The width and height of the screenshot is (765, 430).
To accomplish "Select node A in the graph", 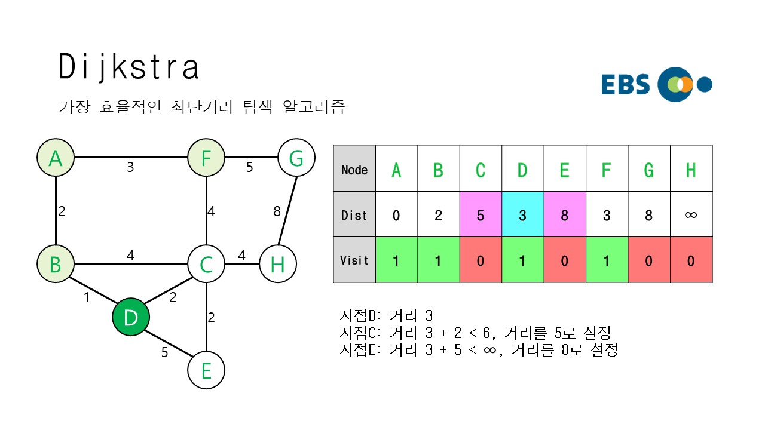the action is [x=56, y=158].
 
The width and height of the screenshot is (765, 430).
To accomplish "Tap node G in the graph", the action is [x=296, y=158].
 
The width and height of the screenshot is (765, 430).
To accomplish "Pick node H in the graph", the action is [x=278, y=264].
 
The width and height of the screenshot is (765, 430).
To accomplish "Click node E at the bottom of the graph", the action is [x=206, y=370].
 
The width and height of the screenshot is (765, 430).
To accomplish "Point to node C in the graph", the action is [x=206, y=264].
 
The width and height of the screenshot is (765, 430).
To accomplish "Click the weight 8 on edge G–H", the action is [x=277, y=211].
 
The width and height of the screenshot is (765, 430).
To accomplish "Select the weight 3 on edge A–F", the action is [x=130, y=168].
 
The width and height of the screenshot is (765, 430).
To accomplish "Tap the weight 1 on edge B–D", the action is [x=87, y=297].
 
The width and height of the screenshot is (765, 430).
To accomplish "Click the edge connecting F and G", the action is [x=251, y=158].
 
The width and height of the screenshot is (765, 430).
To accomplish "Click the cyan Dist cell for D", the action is [x=522, y=214].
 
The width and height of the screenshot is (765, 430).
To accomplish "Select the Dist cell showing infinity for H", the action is [x=691, y=214].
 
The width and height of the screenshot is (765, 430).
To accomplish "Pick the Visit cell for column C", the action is [x=481, y=260].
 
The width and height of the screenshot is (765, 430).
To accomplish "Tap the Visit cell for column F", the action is [x=607, y=260].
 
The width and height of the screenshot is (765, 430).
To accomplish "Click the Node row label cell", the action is [x=354, y=169].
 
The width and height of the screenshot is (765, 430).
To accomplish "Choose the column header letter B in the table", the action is [x=438, y=170].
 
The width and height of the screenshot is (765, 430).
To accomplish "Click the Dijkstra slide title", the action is [x=128, y=67].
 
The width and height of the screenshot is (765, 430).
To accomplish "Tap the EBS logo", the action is [x=656, y=84].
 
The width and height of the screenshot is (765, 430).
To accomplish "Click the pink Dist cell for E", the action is [x=565, y=214].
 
